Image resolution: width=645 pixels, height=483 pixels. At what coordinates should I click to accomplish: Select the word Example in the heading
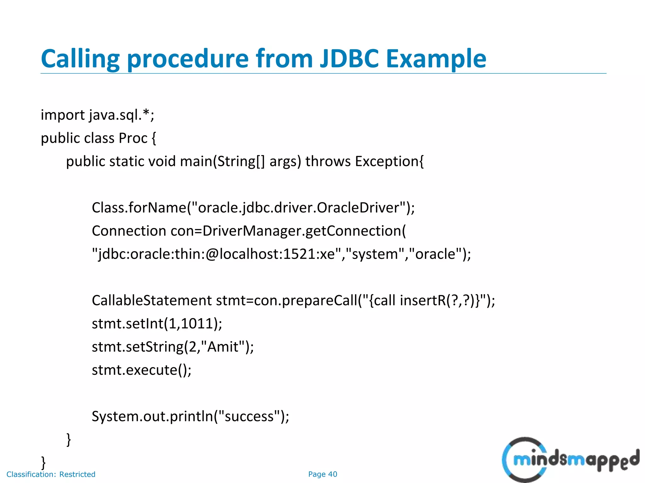tap(436, 59)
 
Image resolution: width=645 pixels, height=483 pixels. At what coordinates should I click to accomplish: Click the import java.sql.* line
tap(97, 115)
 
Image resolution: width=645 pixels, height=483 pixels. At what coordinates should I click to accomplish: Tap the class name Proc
tap(133, 138)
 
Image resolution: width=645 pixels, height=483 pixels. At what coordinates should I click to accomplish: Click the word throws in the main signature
tap(328, 162)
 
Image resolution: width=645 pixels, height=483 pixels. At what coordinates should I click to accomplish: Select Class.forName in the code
tap(139, 208)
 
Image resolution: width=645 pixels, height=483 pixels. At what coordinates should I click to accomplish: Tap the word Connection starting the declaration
tap(129, 231)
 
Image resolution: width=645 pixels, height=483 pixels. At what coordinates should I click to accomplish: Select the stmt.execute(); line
tap(141, 370)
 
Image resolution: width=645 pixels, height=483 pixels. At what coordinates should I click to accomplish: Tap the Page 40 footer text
tap(322, 474)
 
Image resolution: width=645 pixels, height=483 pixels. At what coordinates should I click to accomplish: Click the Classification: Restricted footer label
tap(51, 474)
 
